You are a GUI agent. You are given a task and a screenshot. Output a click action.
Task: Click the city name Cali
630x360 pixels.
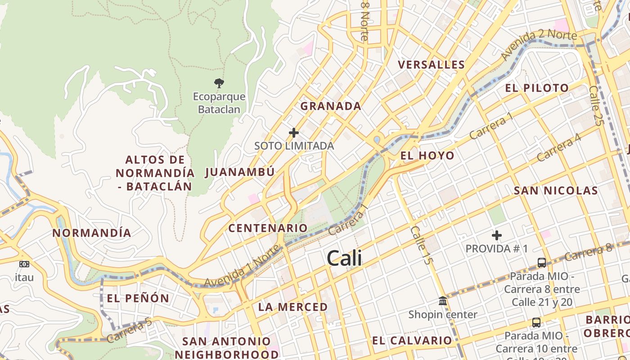pyautogui.click(x=344, y=258)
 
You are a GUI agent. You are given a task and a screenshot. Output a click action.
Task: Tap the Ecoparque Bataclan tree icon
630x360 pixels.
pyautogui.click(x=219, y=83)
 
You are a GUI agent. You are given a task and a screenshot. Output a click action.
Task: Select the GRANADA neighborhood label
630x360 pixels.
pyautogui.click(x=331, y=106)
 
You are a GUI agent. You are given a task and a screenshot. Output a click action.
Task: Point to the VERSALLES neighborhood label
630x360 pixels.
pyautogui.click(x=431, y=65)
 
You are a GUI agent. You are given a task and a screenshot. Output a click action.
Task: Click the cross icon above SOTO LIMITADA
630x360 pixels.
pyautogui.click(x=294, y=133)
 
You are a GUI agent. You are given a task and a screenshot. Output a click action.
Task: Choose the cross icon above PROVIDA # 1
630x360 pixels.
pyautogui.click(x=497, y=235)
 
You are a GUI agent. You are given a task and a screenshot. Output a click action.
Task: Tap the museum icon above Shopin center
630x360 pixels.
pyautogui.click(x=443, y=301)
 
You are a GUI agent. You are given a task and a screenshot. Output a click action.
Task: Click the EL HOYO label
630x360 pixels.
pyautogui.click(x=427, y=156)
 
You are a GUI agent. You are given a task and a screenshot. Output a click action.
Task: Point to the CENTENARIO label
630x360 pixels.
pyautogui.click(x=268, y=228)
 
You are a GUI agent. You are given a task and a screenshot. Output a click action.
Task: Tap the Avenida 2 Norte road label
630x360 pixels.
pyautogui.click(x=538, y=45)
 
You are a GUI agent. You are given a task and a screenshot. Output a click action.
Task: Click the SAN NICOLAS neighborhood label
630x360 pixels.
pyautogui.click(x=556, y=191)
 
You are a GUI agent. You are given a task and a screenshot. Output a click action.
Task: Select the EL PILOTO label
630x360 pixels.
pyautogui.click(x=537, y=88)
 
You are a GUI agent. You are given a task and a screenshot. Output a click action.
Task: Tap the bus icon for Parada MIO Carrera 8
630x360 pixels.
pyautogui.click(x=542, y=262)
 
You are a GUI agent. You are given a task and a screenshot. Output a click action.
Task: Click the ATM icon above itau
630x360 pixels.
pyautogui.click(x=24, y=264)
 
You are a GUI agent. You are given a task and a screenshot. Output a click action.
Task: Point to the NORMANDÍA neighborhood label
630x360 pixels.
pyautogui.click(x=92, y=233)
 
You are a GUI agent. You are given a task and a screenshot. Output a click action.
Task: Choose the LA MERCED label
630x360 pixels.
pyautogui.click(x=293, y=307)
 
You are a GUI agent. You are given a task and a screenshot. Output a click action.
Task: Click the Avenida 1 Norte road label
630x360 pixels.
pyautogui.click(x=241, y=272)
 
